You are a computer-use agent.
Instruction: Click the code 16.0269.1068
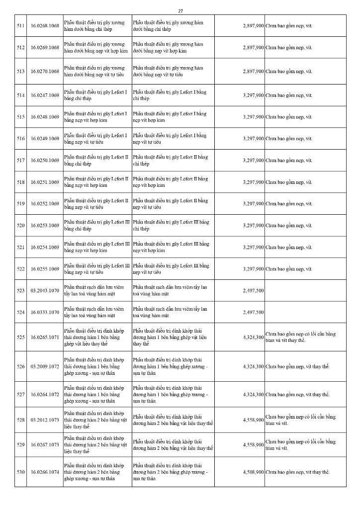pos(45,48)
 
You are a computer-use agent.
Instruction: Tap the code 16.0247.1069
pos(45,95)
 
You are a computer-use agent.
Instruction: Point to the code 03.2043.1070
pos(45,290)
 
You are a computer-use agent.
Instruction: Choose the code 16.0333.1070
pos(45,312)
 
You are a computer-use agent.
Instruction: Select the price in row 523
pos(253,290)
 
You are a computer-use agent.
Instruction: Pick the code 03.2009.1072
pos(45,366)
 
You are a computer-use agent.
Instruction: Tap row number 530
pos(21,472)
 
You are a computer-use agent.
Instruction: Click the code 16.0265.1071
pos(45,337)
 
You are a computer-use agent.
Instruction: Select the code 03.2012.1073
pos(45,420)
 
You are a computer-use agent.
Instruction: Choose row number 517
pos(21,161)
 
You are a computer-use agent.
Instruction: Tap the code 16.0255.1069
pos(45,269)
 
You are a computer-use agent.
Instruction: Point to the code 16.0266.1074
pos(45,472)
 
